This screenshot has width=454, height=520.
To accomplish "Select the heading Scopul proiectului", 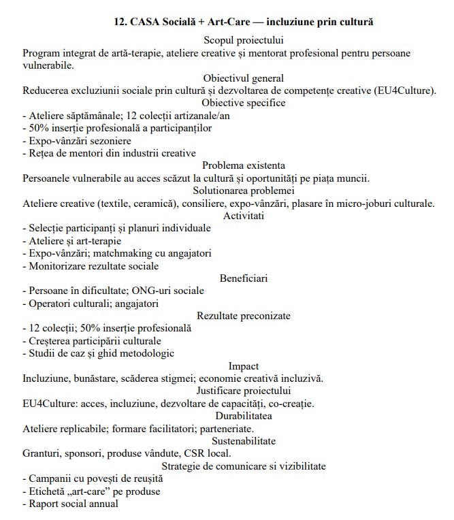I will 243,41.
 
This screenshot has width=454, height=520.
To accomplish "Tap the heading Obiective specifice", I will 243,103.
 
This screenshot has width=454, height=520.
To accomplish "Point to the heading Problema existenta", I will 243,165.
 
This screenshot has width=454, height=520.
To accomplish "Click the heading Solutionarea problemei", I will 243,191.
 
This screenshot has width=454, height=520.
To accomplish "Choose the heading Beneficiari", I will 243,278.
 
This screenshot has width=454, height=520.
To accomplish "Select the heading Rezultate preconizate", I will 243,315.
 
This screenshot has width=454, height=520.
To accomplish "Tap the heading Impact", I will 243,365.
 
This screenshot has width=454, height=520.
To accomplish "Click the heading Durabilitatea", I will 243,416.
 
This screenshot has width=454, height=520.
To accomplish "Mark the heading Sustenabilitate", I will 243,441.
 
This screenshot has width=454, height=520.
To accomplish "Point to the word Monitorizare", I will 55,265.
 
